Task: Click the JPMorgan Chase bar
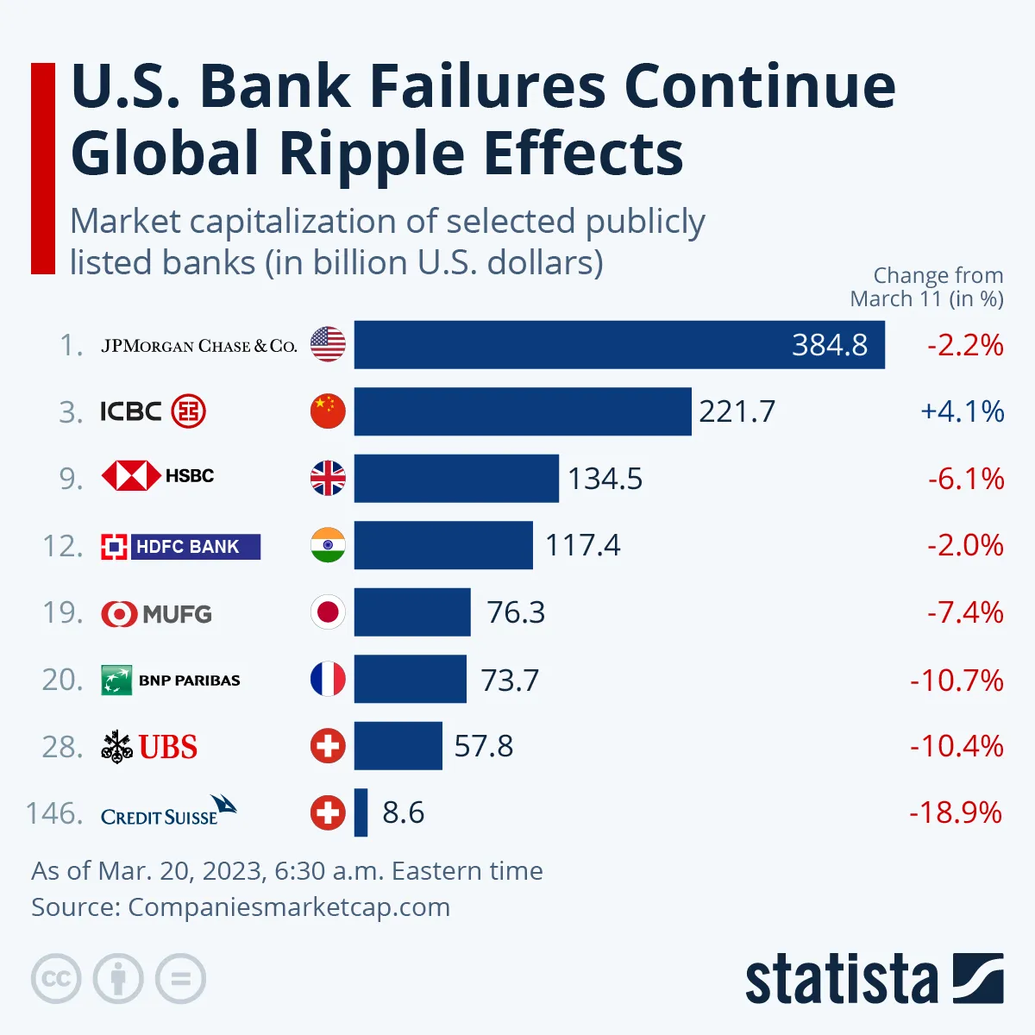click(x=619, y=345)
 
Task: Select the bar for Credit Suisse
click(x=361, y=812)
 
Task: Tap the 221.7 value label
click(x=737, y=411)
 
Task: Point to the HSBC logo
click(x=158, y=476)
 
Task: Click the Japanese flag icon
click(x=328, y=612)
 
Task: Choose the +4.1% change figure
click(x=962, y=411)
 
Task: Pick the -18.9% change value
click(x=956, y=812)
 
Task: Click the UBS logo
click(x=149, y=747)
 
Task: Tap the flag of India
click(x=328, y=545)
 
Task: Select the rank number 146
click(x=54, y=813)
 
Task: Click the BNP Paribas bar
click(x=410, y=680)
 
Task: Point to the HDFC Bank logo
click(x=180, y=546)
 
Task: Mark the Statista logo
click(x=874, y=978)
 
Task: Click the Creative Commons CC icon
click(x=56, y=979)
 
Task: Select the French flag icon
click(x=328, y=680)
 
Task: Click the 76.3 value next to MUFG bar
click(x=516, y=612)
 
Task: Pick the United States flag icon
click(x=328, y=345)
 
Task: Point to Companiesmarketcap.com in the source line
click(x=289, y=907)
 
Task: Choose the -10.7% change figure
click(x=957, y=680)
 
